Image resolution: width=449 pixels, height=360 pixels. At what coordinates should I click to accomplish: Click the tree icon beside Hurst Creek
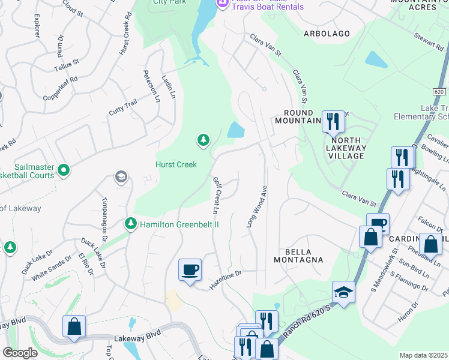click(203, 140)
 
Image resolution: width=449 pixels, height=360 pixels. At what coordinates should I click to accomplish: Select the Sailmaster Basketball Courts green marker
click(64, 171)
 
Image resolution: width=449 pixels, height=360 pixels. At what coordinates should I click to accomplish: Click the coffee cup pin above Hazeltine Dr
click(190, 269)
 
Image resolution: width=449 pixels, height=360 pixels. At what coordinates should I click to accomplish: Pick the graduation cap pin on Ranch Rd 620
click(343, 292)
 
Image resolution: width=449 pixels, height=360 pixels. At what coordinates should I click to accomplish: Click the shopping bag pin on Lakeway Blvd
click(74, 326)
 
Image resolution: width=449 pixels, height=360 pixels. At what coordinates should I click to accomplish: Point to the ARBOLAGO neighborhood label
click(327, 34)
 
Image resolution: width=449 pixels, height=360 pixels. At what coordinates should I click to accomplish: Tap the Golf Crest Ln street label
click(215, 195)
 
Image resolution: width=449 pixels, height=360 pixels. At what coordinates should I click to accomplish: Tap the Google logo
click(20, 353)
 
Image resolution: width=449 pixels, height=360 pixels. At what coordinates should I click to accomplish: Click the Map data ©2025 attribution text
click(423, 355)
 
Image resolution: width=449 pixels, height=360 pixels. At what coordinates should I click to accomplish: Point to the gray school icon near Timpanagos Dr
click(121, 177)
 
